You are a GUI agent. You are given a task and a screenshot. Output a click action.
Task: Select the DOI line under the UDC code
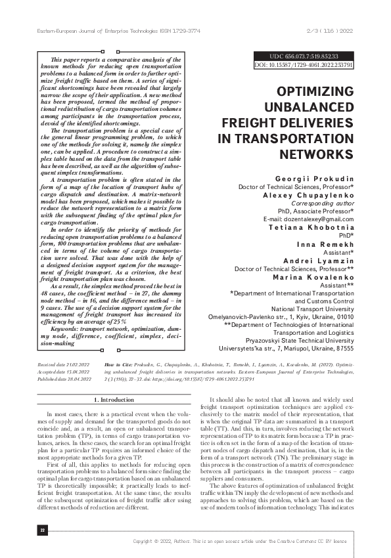pyautogui.click(x=303, y=66)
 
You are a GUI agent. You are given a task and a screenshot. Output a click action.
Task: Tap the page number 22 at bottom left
pyautogui.click(x=42, y=530)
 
